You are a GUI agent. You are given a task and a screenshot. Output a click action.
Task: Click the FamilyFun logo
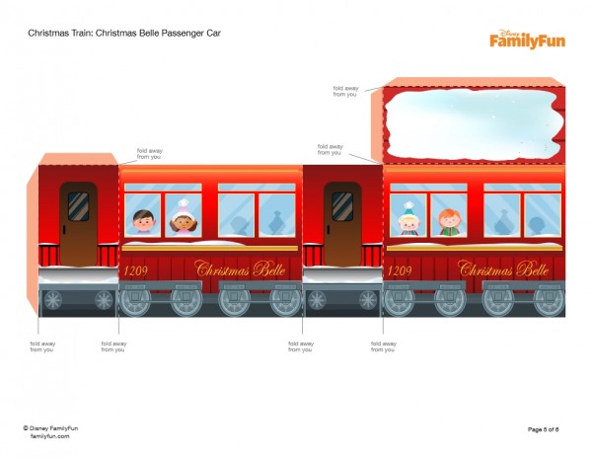528,38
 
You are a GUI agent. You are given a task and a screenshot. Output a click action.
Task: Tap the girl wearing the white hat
182,219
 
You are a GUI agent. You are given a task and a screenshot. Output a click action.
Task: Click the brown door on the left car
78,223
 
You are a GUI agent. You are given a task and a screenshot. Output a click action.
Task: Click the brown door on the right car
341,223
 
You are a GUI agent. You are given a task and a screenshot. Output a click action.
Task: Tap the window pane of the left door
78,206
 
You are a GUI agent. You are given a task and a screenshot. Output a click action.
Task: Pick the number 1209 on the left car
134,269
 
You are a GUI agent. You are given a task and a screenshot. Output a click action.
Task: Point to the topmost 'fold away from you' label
344,90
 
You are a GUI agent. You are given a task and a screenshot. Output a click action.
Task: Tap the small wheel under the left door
52,298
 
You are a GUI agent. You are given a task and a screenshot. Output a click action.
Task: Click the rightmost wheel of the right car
548,299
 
